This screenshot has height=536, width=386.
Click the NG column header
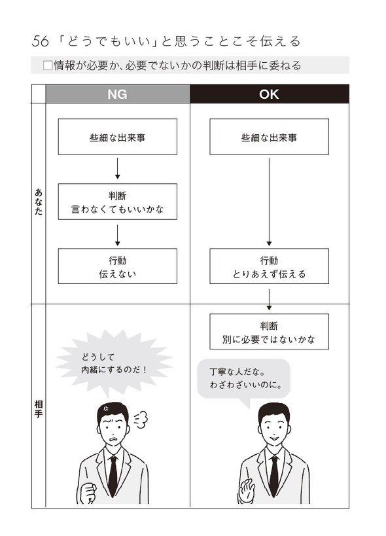(x=118, y=94)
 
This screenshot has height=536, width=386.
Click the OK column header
(x=269, y=94)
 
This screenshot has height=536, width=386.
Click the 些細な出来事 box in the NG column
(x=118, y=137)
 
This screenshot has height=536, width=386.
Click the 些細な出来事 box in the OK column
(x=269, y=137)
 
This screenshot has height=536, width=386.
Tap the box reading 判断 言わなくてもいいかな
(x=118, y=202)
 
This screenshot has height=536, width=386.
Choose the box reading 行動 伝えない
(x=118, y=266)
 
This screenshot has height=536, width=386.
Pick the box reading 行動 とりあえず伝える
(x=269, y=266)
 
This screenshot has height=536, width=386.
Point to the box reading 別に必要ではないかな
(x=269, y=331)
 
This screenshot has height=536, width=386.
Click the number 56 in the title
(x=41, y=42)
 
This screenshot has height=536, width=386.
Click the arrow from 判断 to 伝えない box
(x=118, y=234)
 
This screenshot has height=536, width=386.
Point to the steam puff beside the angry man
(x=140, y=419)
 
